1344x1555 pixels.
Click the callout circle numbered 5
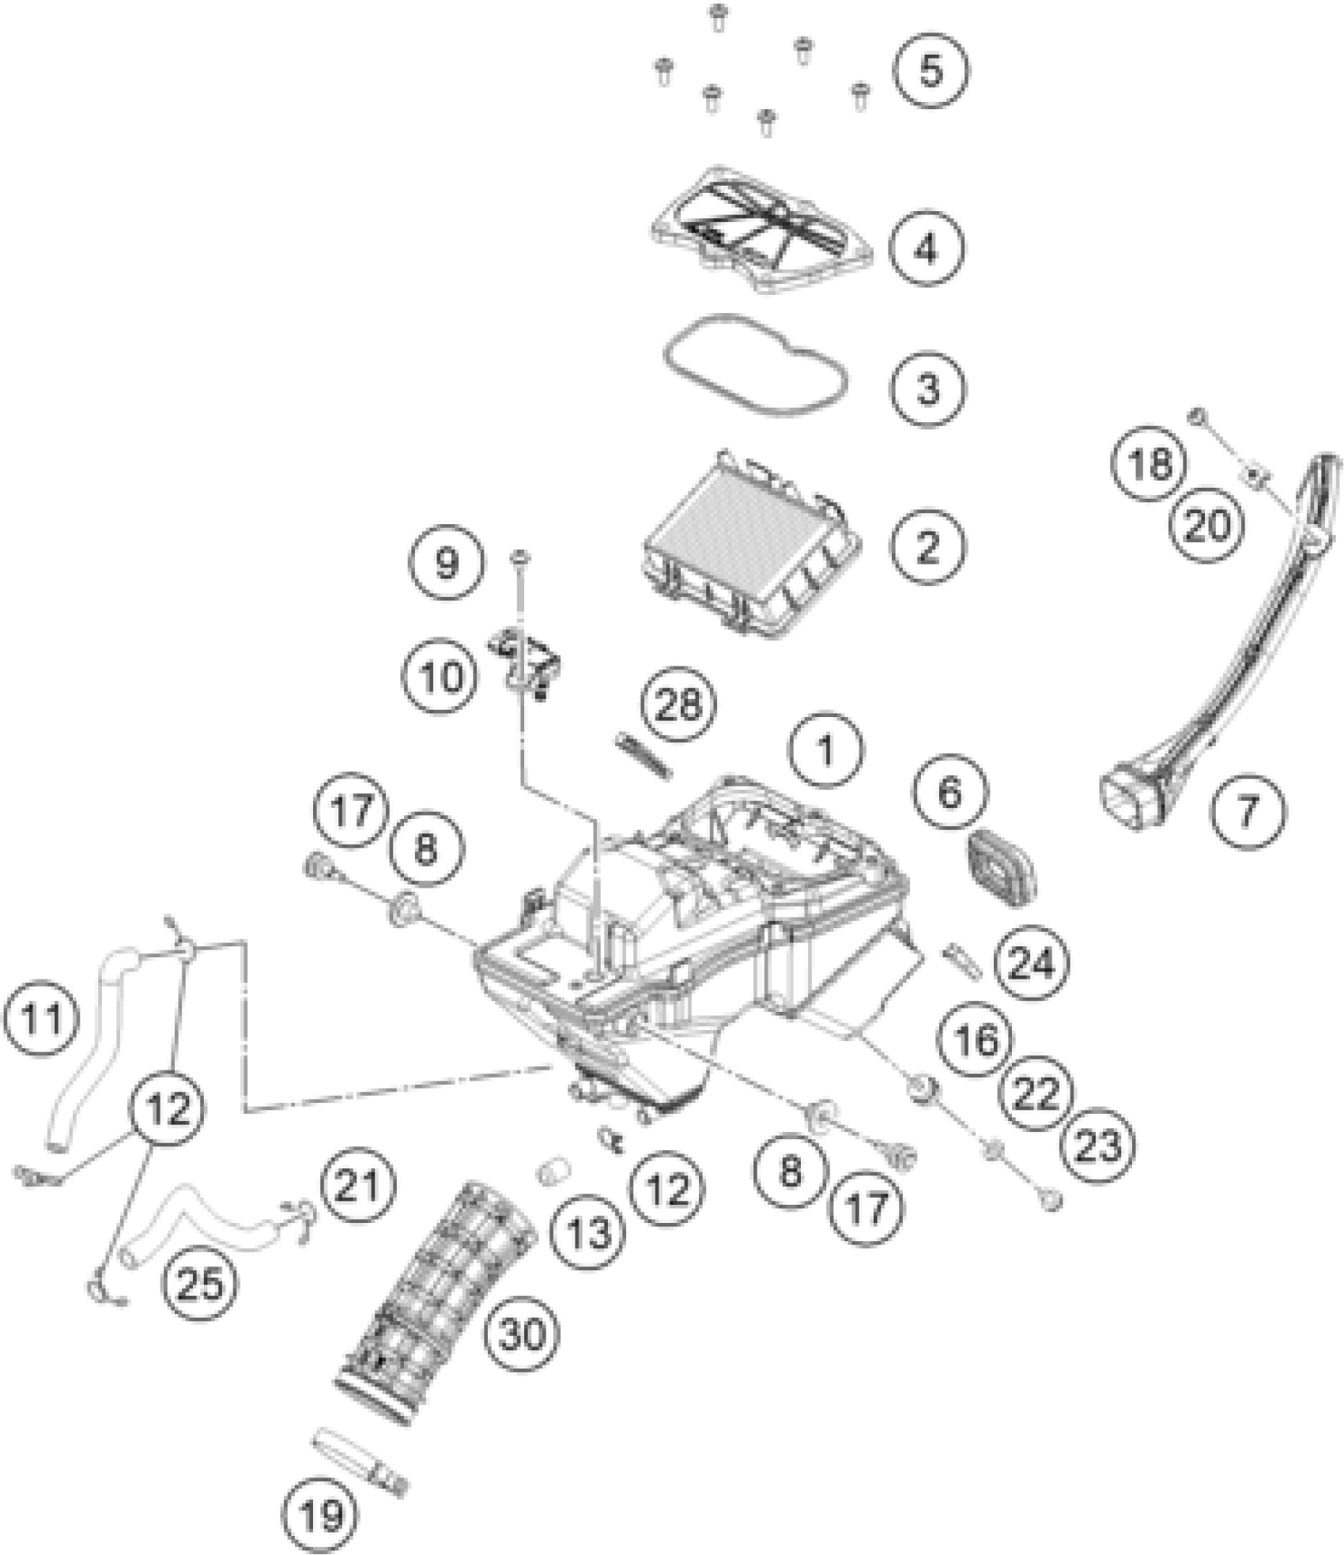coord(931,70)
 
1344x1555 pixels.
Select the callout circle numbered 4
coord(926,248)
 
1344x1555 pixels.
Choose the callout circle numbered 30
coord(523,1335)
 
